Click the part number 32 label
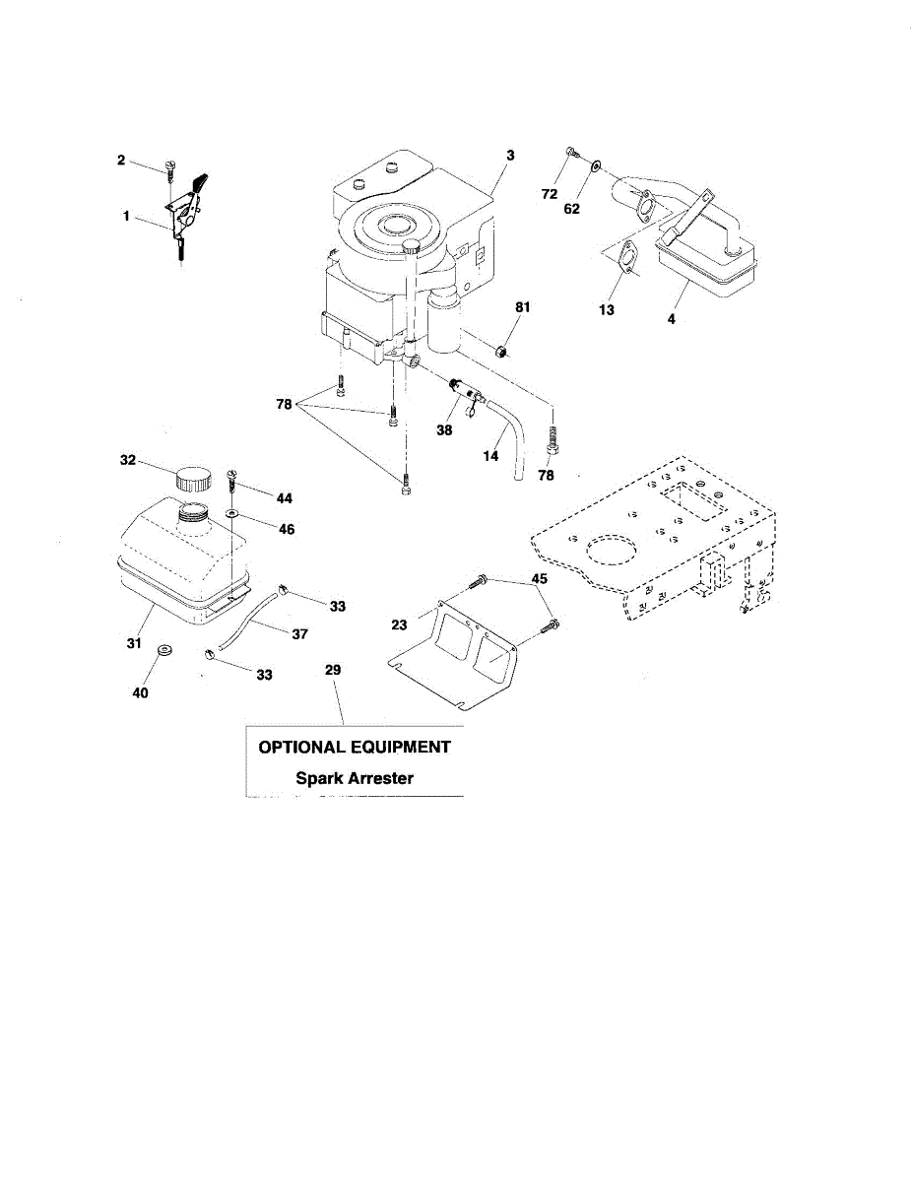pyautogui.click(x=128, y=460)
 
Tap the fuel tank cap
pyautogui.click(x=192, y=480)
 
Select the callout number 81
pyautogui.click(x=522, y=307)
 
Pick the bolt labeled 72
pyautogui.click(x=571, y=153)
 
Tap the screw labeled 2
pyautogui.click(x=170, y=168)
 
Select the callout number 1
pyautogui.click(x=127, y=214)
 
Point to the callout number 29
pyautogui.click(x=333, y=670)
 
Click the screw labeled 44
pyautogui.click(x=233, y=481)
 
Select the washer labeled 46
pyautogui.click(x=231, y=514)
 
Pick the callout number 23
pyautogui.click(x=399, y=624)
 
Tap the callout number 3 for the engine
pyautogui.click(x=511, y=155)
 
